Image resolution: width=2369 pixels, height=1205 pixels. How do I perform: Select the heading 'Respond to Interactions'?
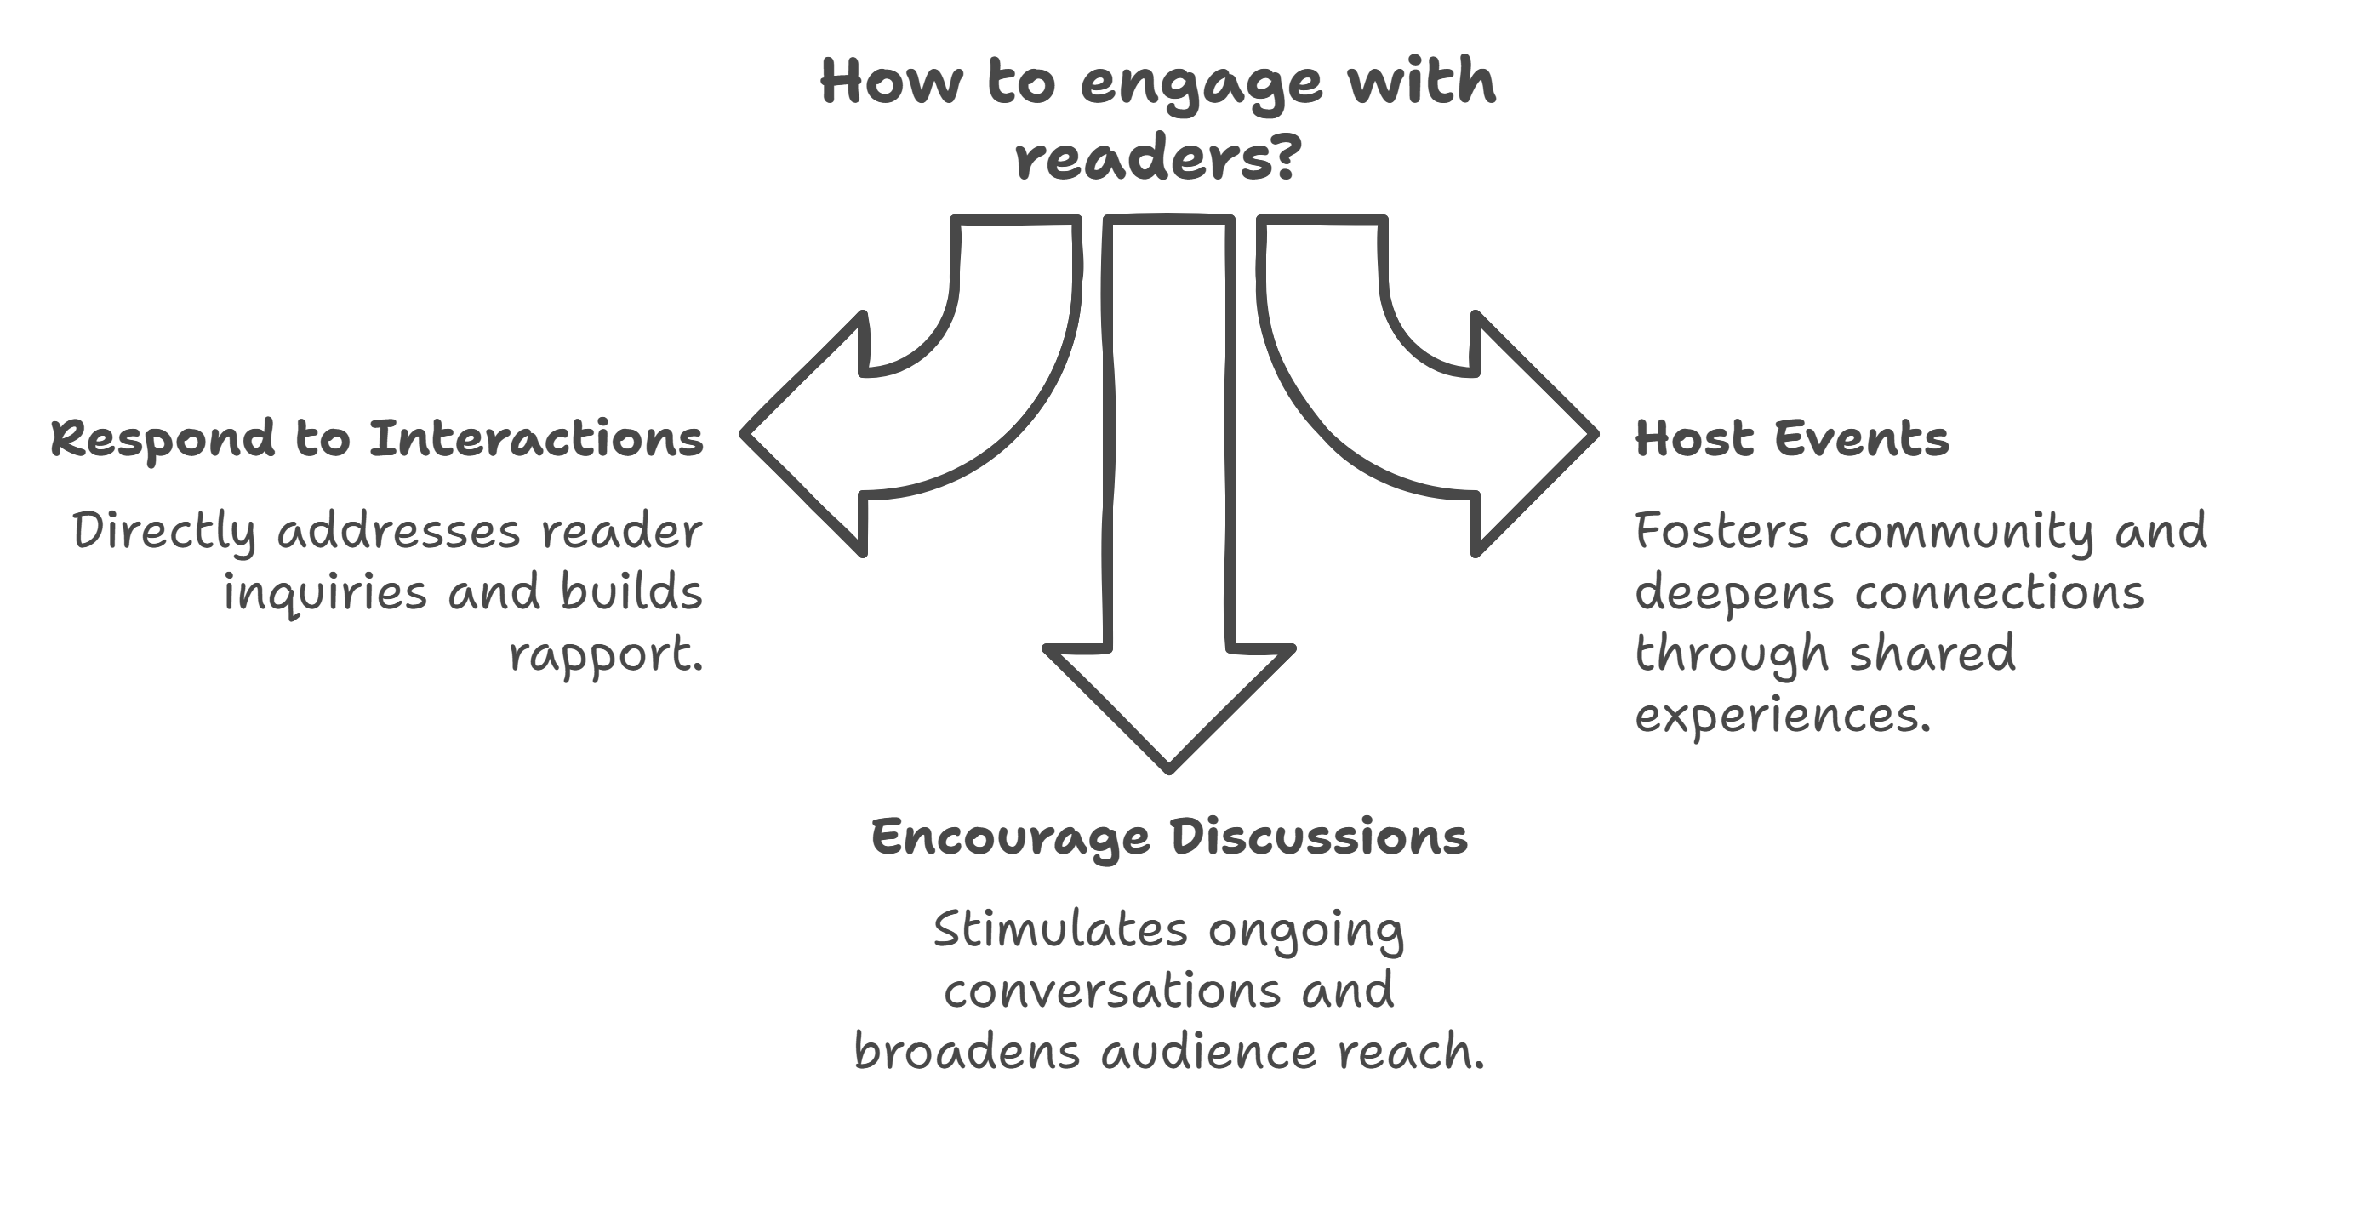click(x=377, y=439)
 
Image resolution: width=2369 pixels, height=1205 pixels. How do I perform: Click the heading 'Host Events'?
click(x=1791, y=439)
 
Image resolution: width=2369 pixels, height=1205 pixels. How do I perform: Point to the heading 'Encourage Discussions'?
click(x=1169, y=838)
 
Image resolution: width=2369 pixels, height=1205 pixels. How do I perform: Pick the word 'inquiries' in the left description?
click(x=327, y=593)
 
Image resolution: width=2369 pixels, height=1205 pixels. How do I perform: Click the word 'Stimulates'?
click(x=1060, y=930)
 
